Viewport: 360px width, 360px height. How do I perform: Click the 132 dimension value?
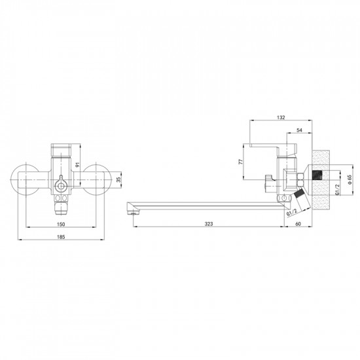281,118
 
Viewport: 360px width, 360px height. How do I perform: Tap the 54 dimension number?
299,130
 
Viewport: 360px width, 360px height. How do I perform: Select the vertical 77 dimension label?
241,162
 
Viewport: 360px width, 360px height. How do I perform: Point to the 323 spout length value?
209,224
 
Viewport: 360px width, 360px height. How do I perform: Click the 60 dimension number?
298,224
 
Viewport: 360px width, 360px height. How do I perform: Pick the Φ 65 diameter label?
350,179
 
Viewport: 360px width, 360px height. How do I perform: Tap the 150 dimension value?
61,225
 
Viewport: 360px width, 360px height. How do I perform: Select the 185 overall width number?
61,237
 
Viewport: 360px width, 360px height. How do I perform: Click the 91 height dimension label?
77,164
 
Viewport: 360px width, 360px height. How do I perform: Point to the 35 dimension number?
118,179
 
